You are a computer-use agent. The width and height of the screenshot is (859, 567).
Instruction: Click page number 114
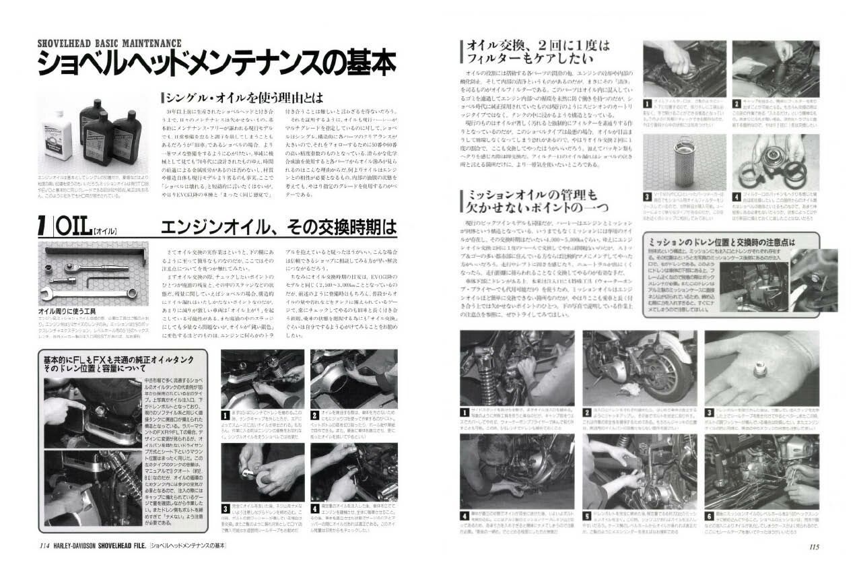point(45,546)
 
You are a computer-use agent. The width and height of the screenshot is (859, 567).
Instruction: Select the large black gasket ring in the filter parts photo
point(757,172)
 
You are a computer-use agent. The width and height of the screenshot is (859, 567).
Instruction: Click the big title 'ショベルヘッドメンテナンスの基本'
point(215,65)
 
